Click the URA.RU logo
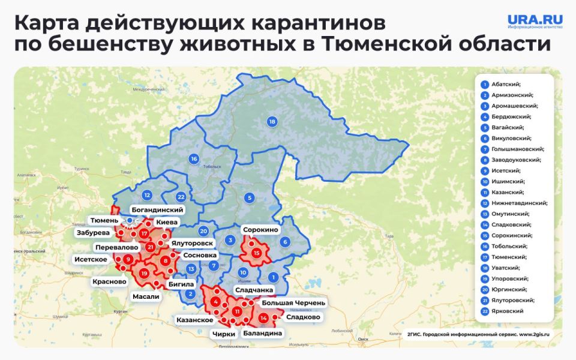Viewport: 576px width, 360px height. tap(535, 22)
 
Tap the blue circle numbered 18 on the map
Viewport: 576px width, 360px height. tap(272, 122)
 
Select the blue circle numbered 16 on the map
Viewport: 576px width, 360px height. tap(193, 159)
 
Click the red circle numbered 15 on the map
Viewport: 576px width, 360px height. tap(257, 253)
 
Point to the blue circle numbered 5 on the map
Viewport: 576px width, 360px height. tap(249, 197)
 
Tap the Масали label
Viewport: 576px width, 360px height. tap(146, 296)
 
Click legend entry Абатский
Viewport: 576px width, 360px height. tap(506, 84)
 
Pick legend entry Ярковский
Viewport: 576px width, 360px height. tap(507, 311)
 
